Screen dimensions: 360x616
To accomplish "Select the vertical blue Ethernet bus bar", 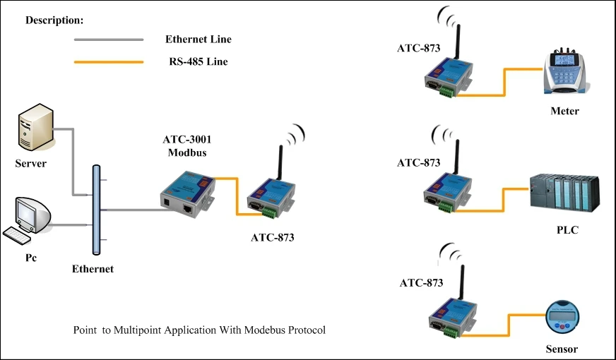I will [96, 209].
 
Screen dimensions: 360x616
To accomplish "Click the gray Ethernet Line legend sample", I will [109, 40].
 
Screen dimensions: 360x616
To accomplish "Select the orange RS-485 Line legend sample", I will [109, 62].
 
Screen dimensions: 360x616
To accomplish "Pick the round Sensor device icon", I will [562, 317].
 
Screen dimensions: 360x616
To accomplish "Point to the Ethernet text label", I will [93, 268].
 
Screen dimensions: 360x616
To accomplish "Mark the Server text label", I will [30, 164].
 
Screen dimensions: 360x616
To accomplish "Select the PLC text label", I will [567, 230].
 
